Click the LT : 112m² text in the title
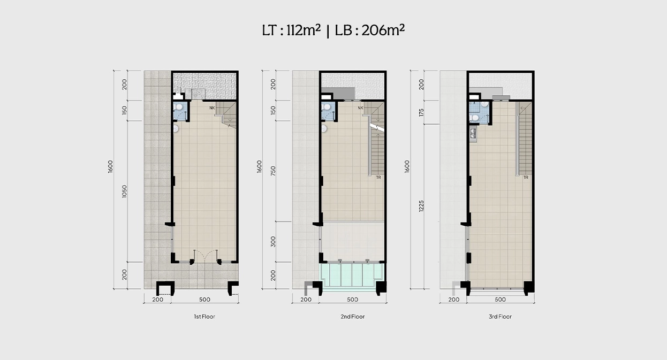click(x=291, y=30)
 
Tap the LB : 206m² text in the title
click(x=370, y=30)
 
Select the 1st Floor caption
click(x=204, y=317)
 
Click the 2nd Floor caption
click(x=353, y=317)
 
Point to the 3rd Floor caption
click(x=500, y=317)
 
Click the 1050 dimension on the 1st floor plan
click(x=125, y=192)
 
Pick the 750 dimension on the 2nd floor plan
click(x=273, y=171)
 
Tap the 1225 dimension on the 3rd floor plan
click(x=421, y=206)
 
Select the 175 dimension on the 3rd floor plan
click(x=421, y=112)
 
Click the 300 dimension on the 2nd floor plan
click(x=273, y=242)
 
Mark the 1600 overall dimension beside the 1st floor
click(x=110, y=166)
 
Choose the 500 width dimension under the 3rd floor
click(x=500, y=300)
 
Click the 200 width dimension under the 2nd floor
click(x=306, y=300)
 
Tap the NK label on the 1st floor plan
click(x=212, y=108)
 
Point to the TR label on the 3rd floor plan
click(x=526, y=177)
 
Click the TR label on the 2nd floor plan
click(x=378, y=177)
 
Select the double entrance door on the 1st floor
click(x=206, y=256)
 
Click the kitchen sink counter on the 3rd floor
click(x=473, y=134)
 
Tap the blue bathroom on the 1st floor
click(x=180, y=111)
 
